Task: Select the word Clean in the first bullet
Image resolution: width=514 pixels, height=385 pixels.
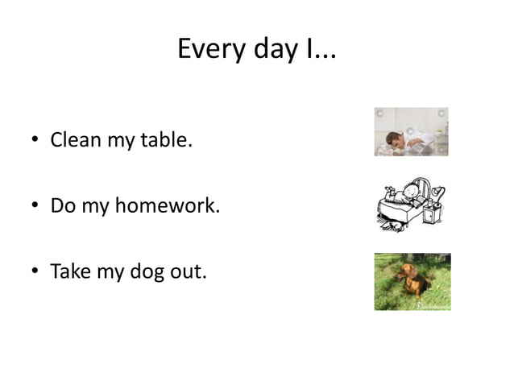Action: [75, 140]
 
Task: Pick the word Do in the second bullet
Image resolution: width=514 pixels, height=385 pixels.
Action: [62, 205]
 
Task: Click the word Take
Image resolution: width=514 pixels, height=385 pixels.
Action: [71, 271]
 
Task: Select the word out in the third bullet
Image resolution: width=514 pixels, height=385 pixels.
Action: [189, 271]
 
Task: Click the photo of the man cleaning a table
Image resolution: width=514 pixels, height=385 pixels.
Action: [411, 131]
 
